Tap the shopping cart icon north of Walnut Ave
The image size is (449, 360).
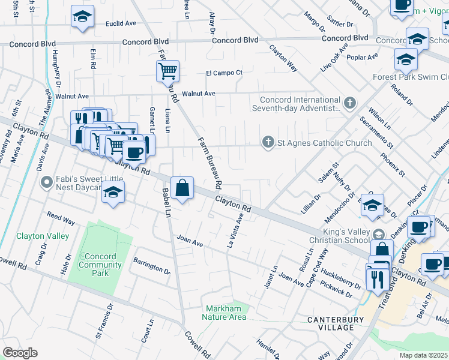pos(168,71)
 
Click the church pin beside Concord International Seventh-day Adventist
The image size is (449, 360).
pos(351,103)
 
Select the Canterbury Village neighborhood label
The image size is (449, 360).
pos(339,323)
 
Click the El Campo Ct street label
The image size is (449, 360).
pos(224,73)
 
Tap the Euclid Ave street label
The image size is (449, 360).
pos(121,24)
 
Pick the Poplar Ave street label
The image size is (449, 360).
pos(366,57)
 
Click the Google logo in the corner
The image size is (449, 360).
pos(19,353)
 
